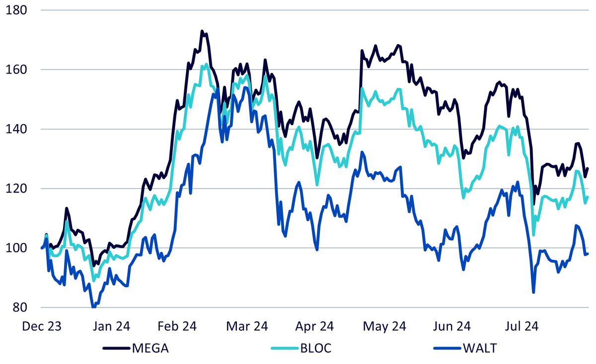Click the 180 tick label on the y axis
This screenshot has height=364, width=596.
(16, 10)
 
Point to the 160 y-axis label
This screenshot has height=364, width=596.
(16, 70)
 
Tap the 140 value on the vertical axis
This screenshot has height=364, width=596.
(16, 129)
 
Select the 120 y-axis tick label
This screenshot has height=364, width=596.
(16, 189)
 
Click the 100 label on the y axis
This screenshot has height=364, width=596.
(16, 248)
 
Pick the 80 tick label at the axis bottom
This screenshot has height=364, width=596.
(20, 307)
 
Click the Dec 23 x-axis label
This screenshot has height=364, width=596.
(42, 326)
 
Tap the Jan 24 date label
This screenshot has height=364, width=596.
(111, 326)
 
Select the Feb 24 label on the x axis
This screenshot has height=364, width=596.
(177, 326)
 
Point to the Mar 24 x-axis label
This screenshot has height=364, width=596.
(247, 326)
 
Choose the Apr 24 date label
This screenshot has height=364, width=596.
(314, 326)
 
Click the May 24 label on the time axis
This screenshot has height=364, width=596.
(384, 326)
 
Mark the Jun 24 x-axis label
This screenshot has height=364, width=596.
(452, 326)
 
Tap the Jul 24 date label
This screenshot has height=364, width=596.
(521, 326)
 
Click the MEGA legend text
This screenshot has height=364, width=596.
(150, 348)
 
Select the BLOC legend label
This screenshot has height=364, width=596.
(316, 348)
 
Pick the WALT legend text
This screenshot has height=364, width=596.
(480, 348)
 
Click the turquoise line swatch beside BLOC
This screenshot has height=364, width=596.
(285, 348)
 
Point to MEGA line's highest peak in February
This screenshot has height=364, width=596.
(202, 31)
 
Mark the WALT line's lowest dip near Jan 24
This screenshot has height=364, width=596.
(94, 307)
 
